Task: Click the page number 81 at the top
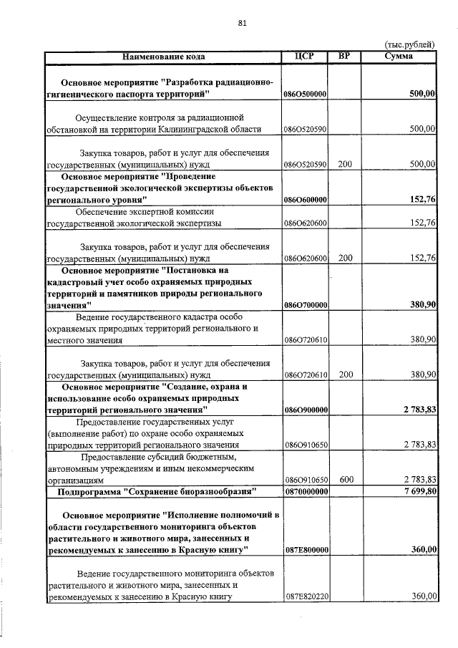pyautogui.click(x=242, y=23)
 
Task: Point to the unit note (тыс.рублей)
pyautogui.click(x=410, y=44)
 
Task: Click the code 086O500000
pyautogui.click(x=305, y=94)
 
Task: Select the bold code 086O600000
pyautogui.click(x=305, y=200)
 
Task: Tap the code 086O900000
pyautogui.click(x=305, y=410)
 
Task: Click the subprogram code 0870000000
pyautogui.click(x=305, y=491)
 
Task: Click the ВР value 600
pyautogui.click(x=345, y=480)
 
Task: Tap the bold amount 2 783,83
pyautogui.click(x=416, y=410)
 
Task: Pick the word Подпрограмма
pyautogui.click(x=89, y=491)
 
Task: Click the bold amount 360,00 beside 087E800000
pyautogui.click(x=422, y=549)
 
